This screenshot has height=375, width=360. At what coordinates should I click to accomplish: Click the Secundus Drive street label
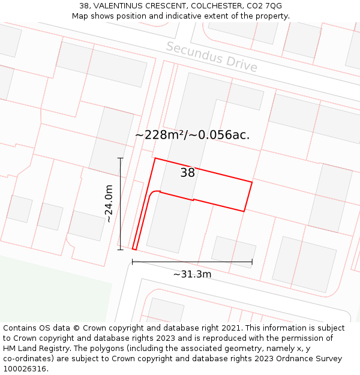point(211,57)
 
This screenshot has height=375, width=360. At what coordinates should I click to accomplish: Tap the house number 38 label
point(188,173)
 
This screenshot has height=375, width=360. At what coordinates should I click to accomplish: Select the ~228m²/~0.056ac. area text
point(192,135)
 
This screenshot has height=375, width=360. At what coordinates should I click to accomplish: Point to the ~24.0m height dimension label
point(109,203)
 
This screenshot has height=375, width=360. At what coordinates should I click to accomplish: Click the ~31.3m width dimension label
point(192,274)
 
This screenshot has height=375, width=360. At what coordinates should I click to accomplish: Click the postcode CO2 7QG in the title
point(264,6)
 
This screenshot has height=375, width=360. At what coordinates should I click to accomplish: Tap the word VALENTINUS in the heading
point(121,6)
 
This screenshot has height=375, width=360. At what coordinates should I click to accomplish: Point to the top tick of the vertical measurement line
point(121,158)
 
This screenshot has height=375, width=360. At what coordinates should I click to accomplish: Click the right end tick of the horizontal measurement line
point(252,262)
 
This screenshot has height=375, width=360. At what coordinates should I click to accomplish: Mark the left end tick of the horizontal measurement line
point(132,262)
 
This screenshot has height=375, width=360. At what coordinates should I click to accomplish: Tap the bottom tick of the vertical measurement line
point(121,249)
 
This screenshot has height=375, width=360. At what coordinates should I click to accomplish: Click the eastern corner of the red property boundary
point(252,182)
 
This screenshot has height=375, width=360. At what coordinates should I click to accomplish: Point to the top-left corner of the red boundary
point(155,158)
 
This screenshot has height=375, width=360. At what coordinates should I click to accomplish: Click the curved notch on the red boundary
point(153,193)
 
